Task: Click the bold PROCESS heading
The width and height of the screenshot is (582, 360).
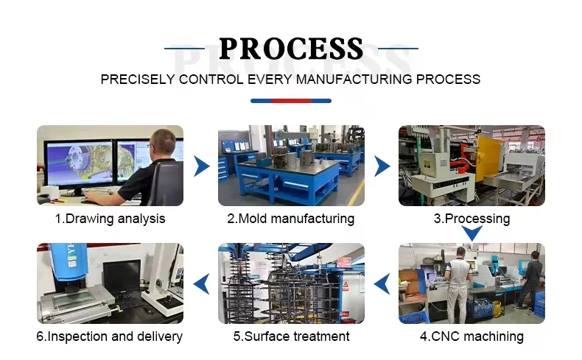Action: click(291, 49)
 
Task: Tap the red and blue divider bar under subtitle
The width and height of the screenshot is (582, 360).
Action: click(291, 101)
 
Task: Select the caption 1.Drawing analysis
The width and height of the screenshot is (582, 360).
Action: click(110, 219)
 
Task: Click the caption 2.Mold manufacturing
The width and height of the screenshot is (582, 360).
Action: click(290, 219)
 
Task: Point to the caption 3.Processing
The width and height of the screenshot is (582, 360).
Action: click(471, 219)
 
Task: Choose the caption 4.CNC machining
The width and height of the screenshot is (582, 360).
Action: click(471, 336)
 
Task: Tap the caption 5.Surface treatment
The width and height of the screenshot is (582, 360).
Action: click(291, 336)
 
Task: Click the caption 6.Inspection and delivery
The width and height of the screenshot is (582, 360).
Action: click(110, 336)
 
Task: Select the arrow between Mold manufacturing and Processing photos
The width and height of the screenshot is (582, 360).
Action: click(382, 166)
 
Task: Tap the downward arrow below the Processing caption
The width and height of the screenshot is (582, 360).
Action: click(471, 234)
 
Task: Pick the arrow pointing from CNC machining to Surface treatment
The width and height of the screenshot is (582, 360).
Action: click(382, 283)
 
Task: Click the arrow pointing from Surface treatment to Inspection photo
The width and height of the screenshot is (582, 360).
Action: click(200, 283)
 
